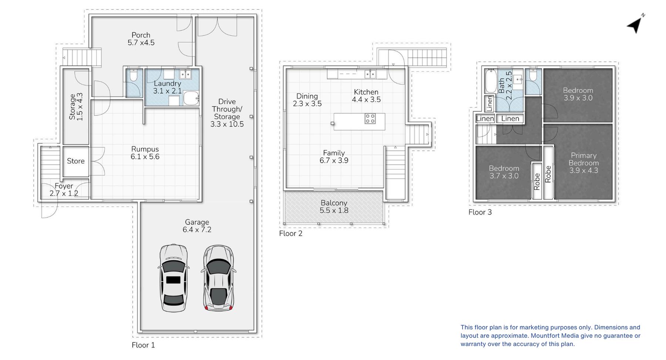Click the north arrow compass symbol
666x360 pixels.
[635, 24]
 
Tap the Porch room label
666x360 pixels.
[141, 35]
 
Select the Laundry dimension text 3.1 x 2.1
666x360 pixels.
[168, 91]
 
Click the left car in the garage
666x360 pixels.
[174, 278]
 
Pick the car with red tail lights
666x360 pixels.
[219, 278]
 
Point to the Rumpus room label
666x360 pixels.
[145, 149]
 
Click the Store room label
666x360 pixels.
[76, 161]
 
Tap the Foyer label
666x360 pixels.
[64, 186]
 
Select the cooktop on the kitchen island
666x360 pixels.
[370, 118]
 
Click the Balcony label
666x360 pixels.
[334, 203]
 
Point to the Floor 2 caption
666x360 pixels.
[291, 233]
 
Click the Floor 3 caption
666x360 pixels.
[480, 212]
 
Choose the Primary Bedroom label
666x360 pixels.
[584, 159]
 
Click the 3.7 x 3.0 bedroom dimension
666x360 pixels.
[504, 176]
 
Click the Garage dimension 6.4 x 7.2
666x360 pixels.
[197, 230]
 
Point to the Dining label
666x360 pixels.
[307, 96]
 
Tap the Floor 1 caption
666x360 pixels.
[144, 345]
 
